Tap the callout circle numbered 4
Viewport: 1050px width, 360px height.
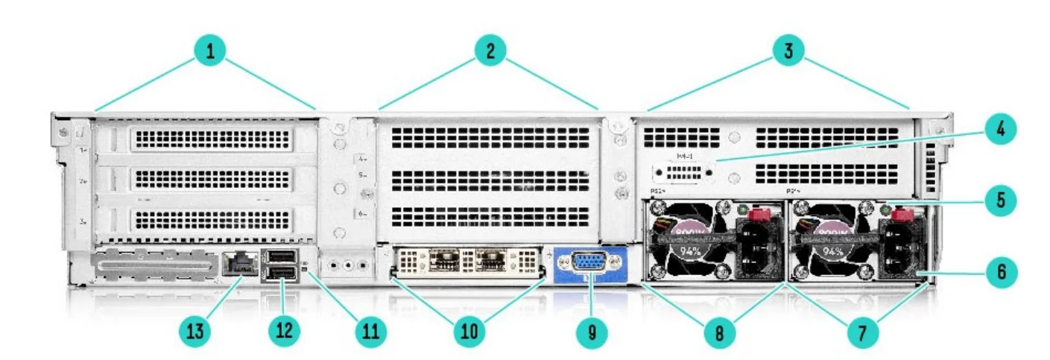point(1000,130)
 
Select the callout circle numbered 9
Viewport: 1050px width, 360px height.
point(592,332)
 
